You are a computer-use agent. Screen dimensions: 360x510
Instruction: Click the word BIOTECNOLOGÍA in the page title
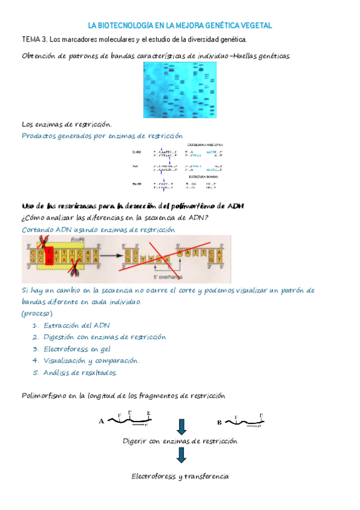pyautogui.click(x=133, y=26)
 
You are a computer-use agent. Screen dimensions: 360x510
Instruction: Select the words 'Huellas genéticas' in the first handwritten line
pyautogui.click(x=261, y=56)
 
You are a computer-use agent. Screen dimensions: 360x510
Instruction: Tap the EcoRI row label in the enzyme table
pyautogui.click(x=138, y=153)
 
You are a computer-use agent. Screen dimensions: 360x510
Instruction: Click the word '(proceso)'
pyautogui.click(x=37, y=314)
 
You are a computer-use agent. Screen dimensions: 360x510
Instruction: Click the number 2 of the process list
pyautogui.click(x=35, y=337)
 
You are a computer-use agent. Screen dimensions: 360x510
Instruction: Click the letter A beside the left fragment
pyautogui.click(x=101, y=422)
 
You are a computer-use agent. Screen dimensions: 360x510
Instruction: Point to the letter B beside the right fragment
pyautogui.click(x=219, y=422)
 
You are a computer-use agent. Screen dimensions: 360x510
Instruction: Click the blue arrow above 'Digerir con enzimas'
pyautogui.click(x=182, y=426)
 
